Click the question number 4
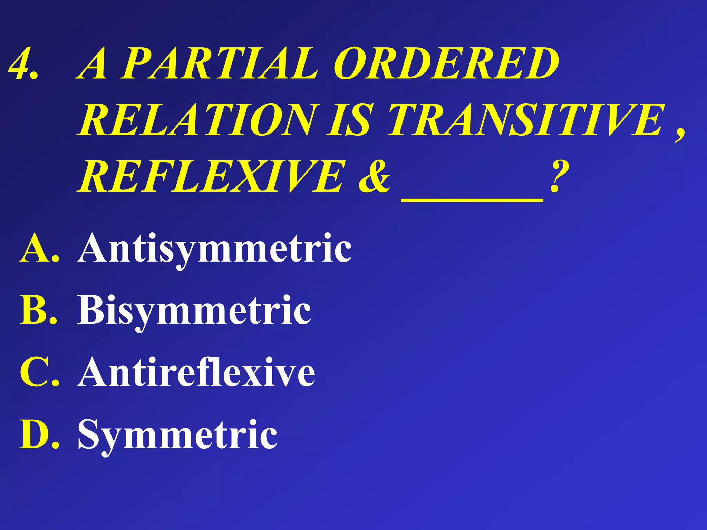pyautogui.click(x=21, y=64)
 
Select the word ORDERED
pyautogui.click(x=445, y=64)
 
